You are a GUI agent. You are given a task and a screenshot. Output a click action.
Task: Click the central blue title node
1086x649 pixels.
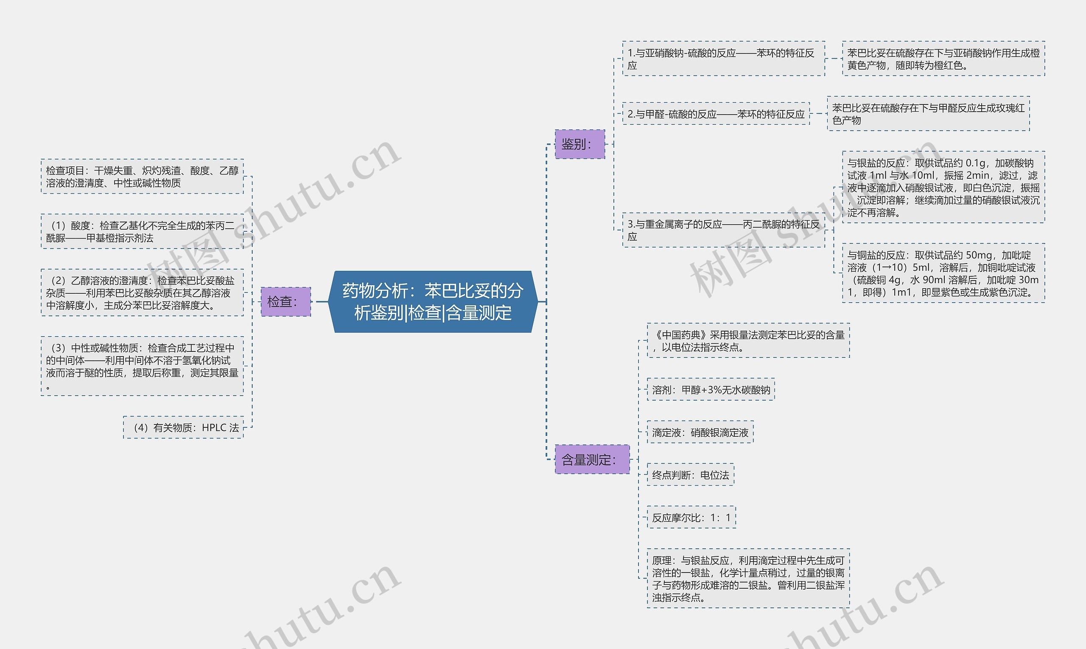pyautogui.click(x=433, y=301)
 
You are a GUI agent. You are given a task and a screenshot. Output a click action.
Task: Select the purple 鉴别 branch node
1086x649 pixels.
pyautogui.click(x=579, y=144)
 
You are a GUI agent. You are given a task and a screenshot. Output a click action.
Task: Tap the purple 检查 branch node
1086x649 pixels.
pyautogui.click(x=285, y=301)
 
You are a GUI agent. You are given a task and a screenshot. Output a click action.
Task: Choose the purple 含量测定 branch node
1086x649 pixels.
pyautogui.click(x=592, y=459)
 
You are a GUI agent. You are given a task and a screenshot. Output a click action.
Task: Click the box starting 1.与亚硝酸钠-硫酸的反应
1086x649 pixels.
pyautogui.click(x=723, y=59)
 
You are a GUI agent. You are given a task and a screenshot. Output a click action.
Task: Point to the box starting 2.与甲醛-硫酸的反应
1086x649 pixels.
pyautogui.click(x=716, y=114)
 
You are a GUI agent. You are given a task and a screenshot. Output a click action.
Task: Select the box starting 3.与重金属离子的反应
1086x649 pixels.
pyautogui.click(x=723, y=230)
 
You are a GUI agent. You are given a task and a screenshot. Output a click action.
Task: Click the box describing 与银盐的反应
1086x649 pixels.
pyautogui.click(x=943, y=187)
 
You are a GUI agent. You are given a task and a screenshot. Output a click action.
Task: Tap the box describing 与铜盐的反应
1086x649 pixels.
pyautogui.click(x=943, y=273)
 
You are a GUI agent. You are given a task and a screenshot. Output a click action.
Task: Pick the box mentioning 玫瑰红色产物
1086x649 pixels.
pyautogui.click(x=928, y=113)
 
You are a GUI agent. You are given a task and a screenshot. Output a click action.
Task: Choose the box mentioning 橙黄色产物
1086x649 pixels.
pyautogui.click(x=943, y=59)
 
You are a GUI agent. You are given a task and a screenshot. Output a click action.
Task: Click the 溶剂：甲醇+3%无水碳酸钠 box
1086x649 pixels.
pyautogui.click(x=711, y=389)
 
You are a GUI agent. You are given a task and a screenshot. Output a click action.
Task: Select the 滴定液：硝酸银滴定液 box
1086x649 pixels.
pyautogui.click(x=700, y=432)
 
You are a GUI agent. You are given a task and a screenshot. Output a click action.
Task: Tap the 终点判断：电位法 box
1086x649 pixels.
pyautogui.click(x=690, y=475)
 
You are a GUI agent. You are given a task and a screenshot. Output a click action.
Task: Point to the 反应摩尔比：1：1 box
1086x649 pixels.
pyautogui.click(x=691, y=517)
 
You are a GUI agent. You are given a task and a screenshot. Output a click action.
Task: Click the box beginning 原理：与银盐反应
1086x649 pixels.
pyautogui.click(x=748, y=578)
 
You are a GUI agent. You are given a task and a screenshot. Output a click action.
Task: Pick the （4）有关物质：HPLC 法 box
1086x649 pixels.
pyautogui.click(x=183, y=427)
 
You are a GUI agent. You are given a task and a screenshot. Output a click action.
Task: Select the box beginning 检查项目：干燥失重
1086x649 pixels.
pyautogui.click(x=142, y=176)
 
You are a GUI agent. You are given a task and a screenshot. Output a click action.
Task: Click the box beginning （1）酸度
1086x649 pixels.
pyautogui.click(x=142, y=231)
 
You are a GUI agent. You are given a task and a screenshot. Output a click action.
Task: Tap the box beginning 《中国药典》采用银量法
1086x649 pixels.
pyautogui.click(x=748, y=341)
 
